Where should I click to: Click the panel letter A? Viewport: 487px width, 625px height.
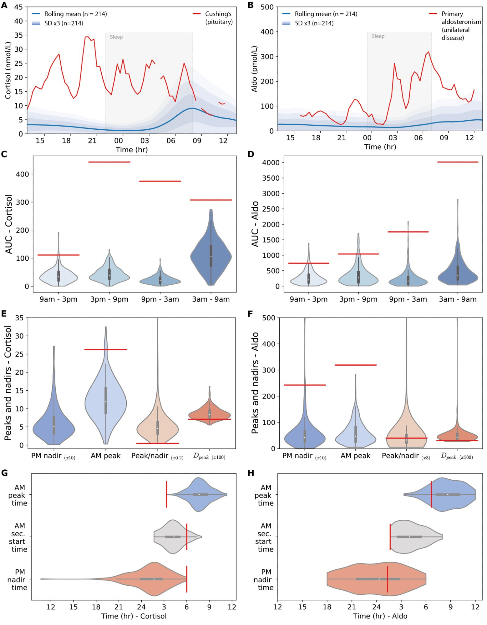pos(4,5)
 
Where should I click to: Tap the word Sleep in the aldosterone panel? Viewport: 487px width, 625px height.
pos(378,36)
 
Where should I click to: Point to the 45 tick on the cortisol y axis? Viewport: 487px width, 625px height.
pos(18,7)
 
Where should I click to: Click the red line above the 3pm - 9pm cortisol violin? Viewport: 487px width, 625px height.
pos(109,162)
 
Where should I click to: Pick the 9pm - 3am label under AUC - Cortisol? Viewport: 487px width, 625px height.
pos(160,299)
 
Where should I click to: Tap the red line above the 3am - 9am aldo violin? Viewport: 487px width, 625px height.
pos(458,162)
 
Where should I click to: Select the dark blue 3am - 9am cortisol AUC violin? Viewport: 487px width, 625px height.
pos(211,256)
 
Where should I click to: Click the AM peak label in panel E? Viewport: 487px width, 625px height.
pos(105,456)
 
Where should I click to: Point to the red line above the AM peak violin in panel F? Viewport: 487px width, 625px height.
pos(355,365)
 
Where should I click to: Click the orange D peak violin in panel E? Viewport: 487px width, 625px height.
pos(210,414)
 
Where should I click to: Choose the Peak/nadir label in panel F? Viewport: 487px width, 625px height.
pos(400,456)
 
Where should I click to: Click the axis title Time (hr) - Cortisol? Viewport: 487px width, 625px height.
pos(134,616)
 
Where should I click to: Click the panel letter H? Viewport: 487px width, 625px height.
pos(251,473)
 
